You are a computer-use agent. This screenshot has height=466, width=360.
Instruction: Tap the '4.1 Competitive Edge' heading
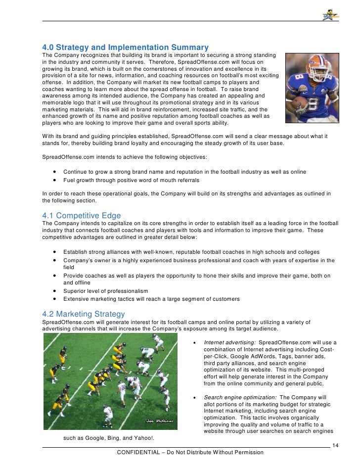click(82, 216)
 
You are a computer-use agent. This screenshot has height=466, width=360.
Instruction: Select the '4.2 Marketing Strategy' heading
click(84, 314)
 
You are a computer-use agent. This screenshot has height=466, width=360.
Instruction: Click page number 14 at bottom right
click(336, 445)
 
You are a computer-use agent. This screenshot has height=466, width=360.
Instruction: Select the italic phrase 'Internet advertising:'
click(229, 342)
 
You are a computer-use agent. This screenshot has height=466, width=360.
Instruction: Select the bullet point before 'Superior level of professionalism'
click(53, 291)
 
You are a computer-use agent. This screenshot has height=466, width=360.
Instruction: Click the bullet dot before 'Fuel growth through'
click(53, 181)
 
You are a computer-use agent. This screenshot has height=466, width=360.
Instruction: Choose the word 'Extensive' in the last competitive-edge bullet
click(76, 299)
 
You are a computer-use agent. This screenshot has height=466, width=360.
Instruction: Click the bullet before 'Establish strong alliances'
click(53, 252)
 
